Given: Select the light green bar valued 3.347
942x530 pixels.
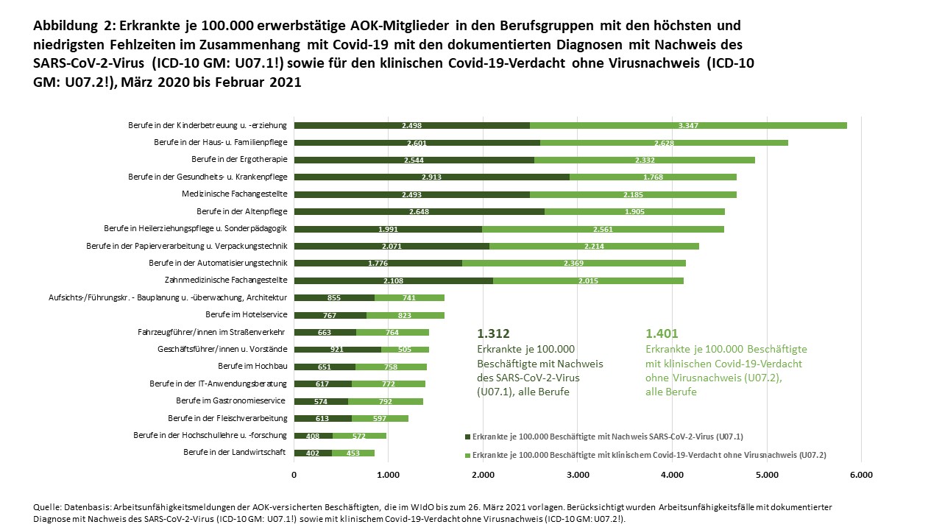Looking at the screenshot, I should (688, 125).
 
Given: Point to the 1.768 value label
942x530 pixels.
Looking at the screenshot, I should (653, 177).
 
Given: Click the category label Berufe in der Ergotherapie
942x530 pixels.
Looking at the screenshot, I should (239, 160).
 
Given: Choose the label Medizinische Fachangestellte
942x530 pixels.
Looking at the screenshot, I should (235, 194).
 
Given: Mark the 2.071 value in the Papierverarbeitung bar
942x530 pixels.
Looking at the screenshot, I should (392, 246).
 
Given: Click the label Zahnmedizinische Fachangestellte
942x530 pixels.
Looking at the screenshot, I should (225, 280).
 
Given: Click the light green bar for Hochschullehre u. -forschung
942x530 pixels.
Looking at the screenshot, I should (359, 436).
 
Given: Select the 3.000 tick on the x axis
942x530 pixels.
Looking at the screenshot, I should (577, 476).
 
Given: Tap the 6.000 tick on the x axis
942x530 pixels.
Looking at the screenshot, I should (860, 476).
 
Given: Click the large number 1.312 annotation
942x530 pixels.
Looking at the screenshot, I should (493, 333).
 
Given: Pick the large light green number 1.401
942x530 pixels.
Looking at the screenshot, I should (662, 333).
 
